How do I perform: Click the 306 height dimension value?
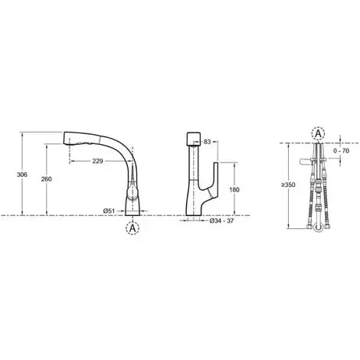[21, 175]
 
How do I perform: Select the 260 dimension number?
[46, 179]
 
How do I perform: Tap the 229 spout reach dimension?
[97, 161]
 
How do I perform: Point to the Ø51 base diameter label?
[109, 211]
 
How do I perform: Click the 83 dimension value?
[208, 141]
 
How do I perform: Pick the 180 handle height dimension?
[234, 190]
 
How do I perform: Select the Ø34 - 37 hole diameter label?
[221, 221]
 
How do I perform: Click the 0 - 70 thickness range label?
[341, 151]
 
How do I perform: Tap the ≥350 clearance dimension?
[288, 185]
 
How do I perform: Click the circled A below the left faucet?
[133, 228]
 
